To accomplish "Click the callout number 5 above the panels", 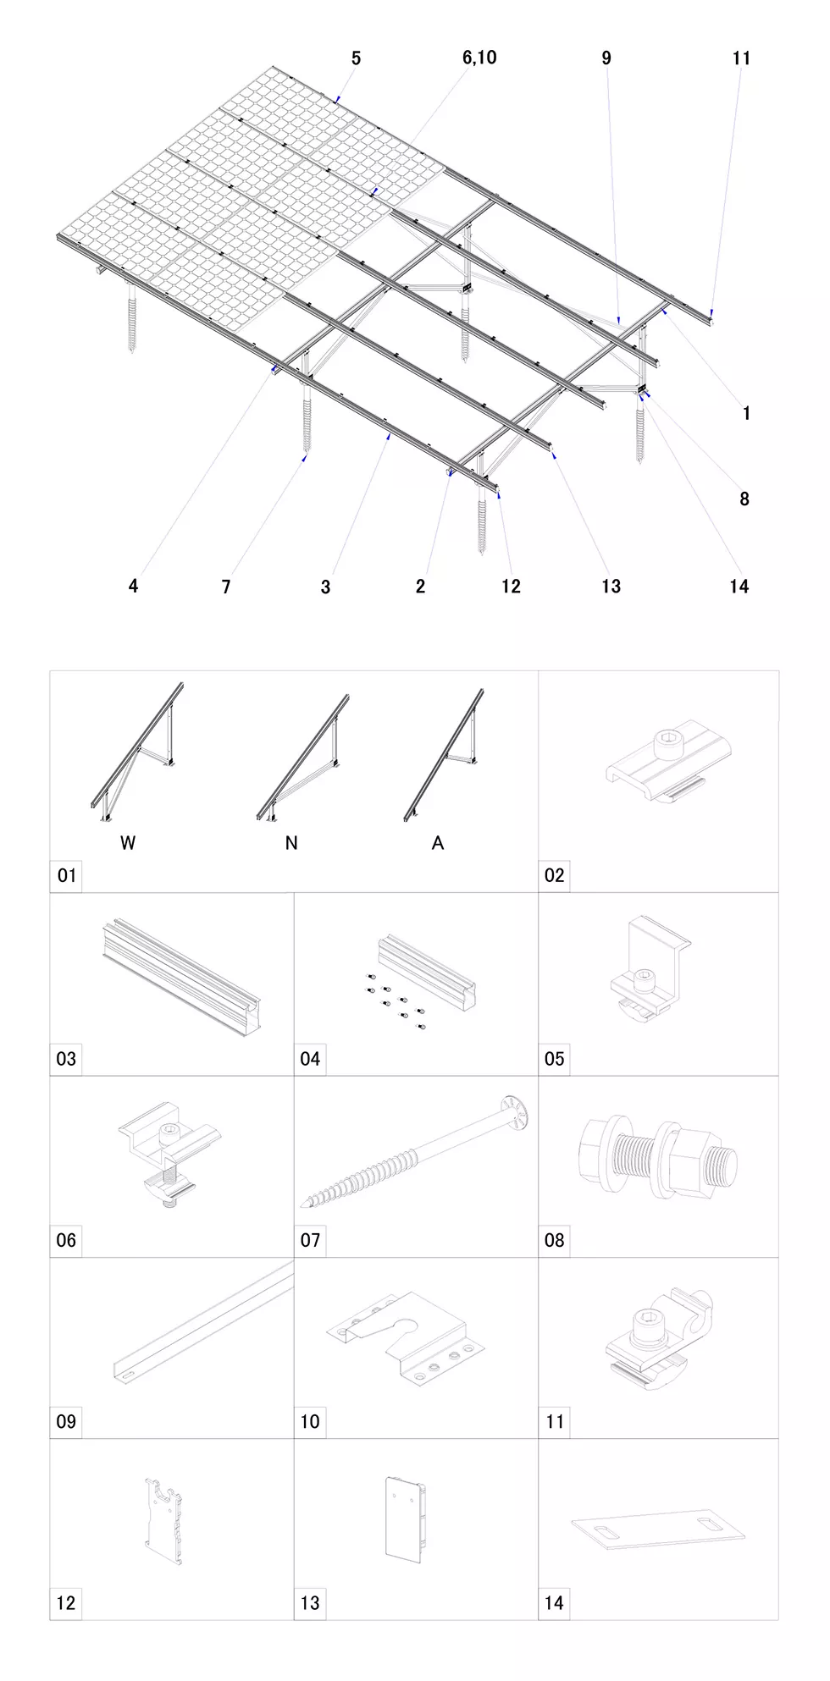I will coord(356,58).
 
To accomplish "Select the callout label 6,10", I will coord(479,58).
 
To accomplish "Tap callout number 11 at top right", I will coord(741,58).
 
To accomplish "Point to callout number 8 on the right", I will coord(744,499).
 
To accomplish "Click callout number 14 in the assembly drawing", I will coord(739,587).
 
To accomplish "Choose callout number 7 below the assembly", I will coord(226,587).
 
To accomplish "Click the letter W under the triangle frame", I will coord(128,843).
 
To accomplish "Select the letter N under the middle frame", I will coord(291,843).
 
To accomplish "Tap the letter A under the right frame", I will coord(438,843).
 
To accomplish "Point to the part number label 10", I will coord(310,1422).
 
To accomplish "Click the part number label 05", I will coord(554,1059).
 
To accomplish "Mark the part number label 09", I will coord(66,1422).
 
